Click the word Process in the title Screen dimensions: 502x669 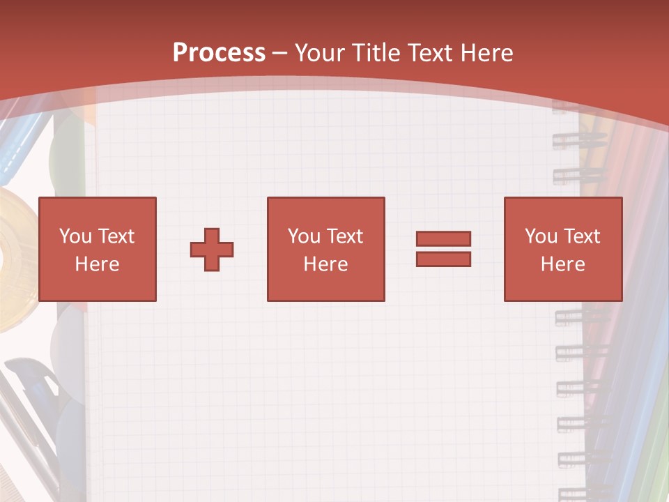click(x=219, y=52)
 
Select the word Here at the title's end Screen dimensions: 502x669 click(x=488, y=52)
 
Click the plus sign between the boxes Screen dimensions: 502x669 click(x=212, y=249)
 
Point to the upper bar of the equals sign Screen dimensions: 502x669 click(x=443, y=238)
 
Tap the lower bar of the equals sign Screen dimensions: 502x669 click(x=443, y=259)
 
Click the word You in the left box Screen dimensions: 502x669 click(x=75, y=236)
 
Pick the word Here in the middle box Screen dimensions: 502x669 click(x=325, y=264)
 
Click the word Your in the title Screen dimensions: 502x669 click(x=321, y=52)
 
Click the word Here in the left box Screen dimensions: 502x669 click(x=97, y=264)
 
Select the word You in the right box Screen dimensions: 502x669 click(x=541, y=236)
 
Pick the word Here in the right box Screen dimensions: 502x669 click(x=562, y=264)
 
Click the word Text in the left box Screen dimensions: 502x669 click(x=116, y=236)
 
